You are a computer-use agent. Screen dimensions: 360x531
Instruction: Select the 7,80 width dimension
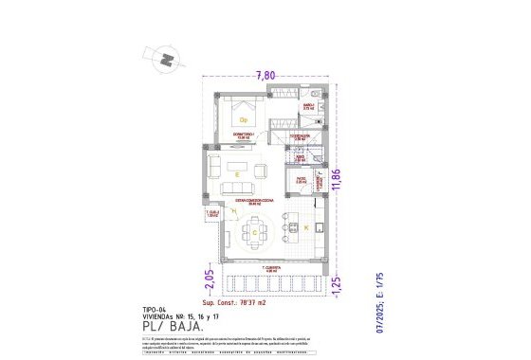[x=266, y=76]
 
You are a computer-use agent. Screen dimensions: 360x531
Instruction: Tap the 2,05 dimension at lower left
[x=209, y=280]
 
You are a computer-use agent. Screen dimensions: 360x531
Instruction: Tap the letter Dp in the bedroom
[x=243, y=120]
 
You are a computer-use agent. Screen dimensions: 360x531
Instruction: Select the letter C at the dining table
[x=254, y=230]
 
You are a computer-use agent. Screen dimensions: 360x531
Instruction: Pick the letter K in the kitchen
[x=307, y=229]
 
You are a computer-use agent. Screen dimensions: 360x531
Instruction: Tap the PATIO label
[x=301, y=177]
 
